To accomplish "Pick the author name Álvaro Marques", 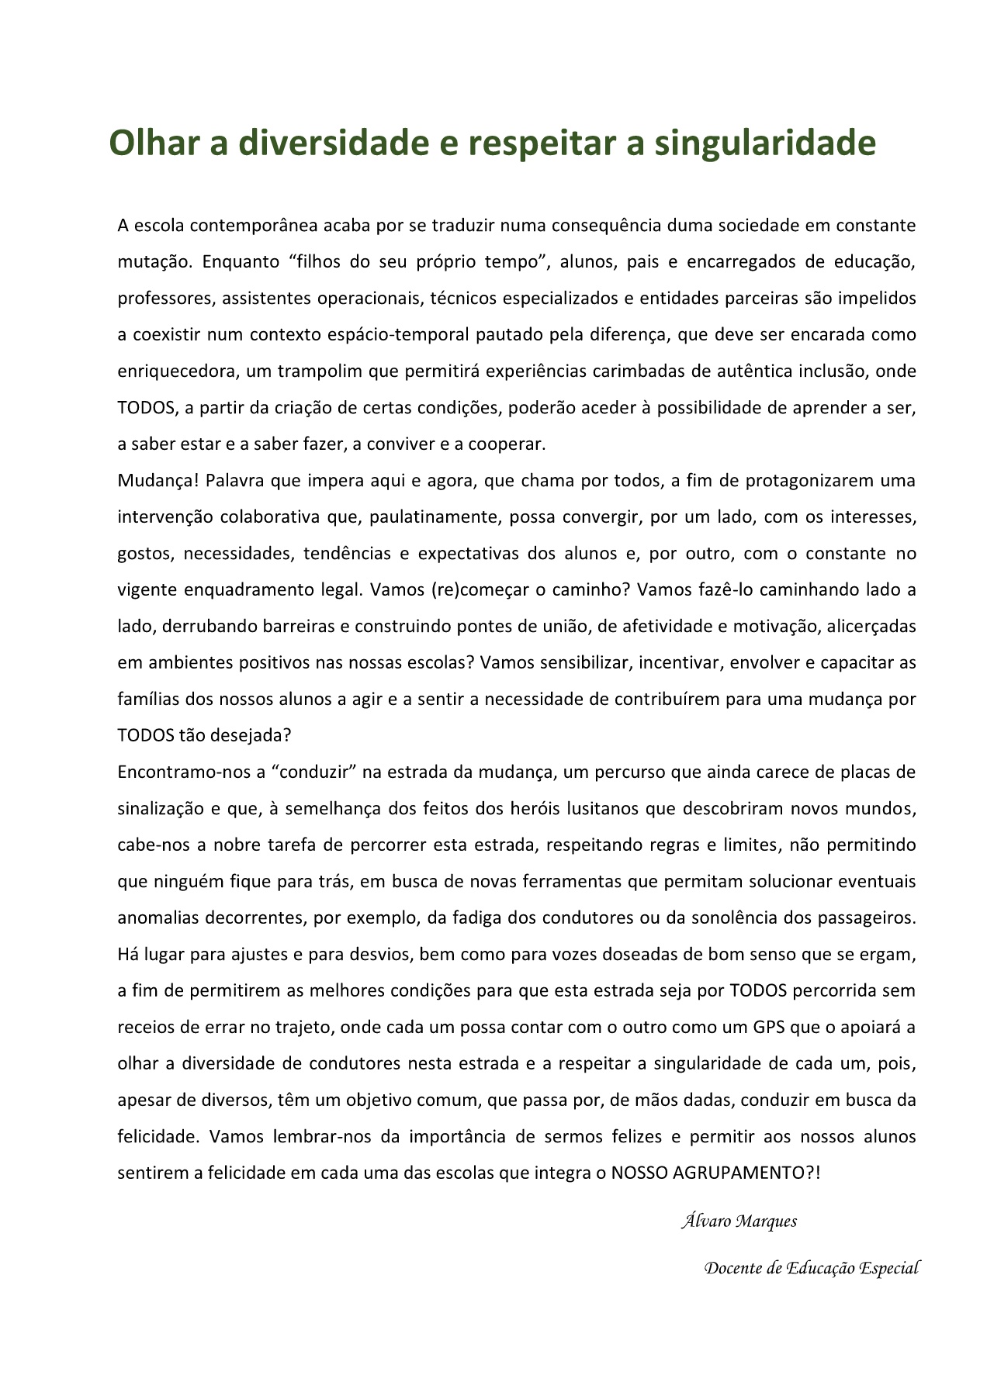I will (x=739, y=1221).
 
